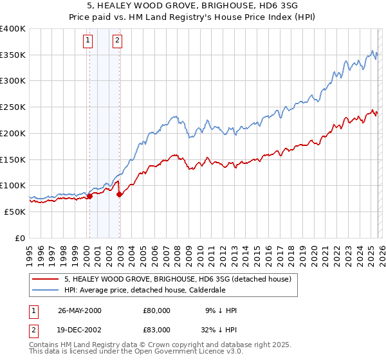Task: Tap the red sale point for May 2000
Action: (89, 197)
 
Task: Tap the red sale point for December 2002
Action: (120, 195)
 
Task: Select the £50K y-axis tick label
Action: (15, 212)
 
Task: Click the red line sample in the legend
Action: (46, 280)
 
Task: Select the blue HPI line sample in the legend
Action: (46, 290)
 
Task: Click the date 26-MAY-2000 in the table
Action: (80, 310)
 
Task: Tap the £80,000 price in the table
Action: (157, 310)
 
